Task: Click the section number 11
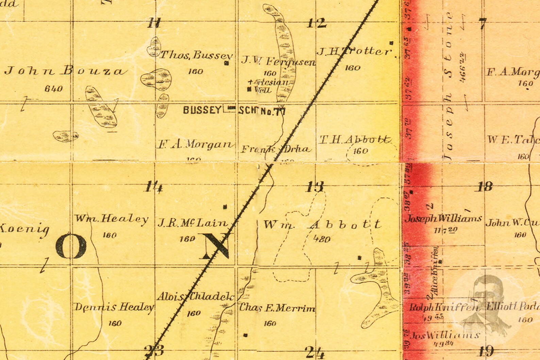pos(154,23)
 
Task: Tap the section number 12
pos(317,23)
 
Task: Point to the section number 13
pos(315,187)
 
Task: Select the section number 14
pos(154,187)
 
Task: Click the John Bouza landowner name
pos(66,71)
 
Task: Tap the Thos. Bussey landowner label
pos(196,55)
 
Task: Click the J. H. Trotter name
pos(354,52)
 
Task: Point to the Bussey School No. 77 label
pos(234,110)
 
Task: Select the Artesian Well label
pos(269,86)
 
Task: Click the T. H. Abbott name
pos(355,140)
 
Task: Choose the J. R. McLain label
pos(192,223)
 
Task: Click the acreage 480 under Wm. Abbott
pos(321,239)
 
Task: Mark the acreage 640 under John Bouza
pos(54,89)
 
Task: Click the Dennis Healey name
pos(114,307)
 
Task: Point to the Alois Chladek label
pos(195,297)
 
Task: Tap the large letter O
pos(71,246)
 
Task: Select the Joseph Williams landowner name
pos(443,218)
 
